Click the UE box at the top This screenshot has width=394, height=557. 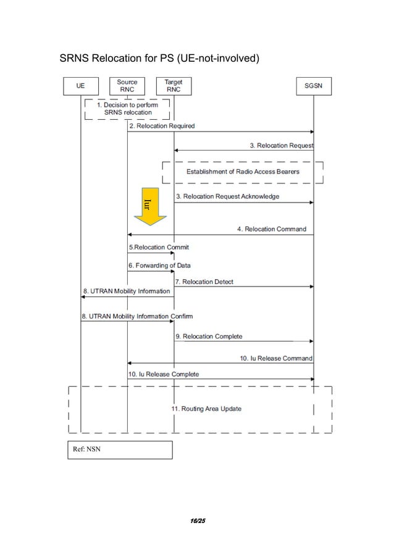pyautogui.click(x=80, y=86)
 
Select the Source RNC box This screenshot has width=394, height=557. pyautogui.click(x=127, y=86)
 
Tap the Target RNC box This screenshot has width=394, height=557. pyautogui.click(x=174, y=86)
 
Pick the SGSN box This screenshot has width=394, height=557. pyautogui.click(x=313, y=86)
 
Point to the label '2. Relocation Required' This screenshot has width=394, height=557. pyautogui.click(x=161, y=126)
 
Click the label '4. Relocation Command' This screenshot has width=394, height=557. pyautogui.click(x=271, y=229)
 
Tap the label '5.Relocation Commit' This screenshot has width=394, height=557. pyautogui.click(x=159, y=247)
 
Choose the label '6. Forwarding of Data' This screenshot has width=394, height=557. pyautogui.click(x=159, y=266)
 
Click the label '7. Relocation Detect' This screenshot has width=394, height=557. pyautogui.click(x=204, y=282)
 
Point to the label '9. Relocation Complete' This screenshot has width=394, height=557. pyautogui.click(x=208, y=337)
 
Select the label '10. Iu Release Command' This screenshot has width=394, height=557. pyautogui.click(x=276, y=358)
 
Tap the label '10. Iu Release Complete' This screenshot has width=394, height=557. pyautogui.click(x=164, y=374)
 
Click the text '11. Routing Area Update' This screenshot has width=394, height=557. pyautogui.click(x=206, y=409)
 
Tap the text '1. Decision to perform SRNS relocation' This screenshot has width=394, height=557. pyautogui.click(x=127, y=109)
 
